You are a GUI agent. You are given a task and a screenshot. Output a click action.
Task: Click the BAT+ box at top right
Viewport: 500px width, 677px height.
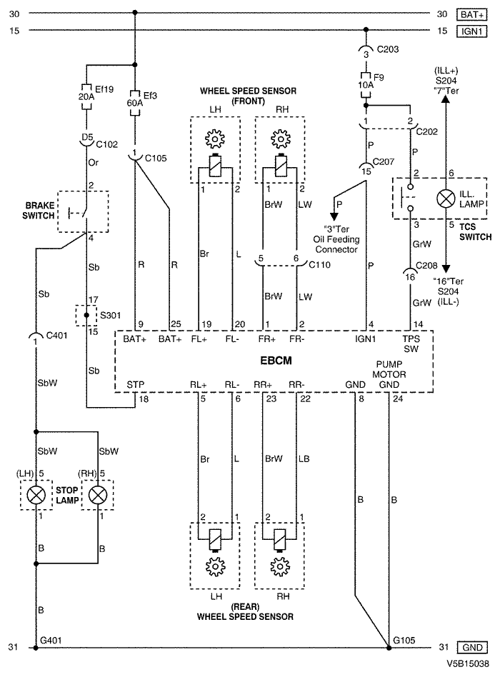471,14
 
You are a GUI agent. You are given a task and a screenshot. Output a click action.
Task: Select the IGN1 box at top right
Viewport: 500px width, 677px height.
471,31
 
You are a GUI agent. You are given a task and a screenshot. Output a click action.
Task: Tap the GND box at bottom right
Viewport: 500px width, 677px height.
471,647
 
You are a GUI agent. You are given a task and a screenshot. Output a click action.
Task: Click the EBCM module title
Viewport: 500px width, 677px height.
276,360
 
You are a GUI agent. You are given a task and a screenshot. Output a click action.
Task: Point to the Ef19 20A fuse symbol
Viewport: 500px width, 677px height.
86,96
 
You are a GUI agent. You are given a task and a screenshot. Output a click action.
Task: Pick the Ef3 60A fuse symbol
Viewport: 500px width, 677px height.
135,103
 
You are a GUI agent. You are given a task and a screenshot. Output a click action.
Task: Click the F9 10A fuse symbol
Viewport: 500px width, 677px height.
366,84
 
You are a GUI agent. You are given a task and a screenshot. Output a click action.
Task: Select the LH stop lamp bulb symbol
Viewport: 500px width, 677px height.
36,495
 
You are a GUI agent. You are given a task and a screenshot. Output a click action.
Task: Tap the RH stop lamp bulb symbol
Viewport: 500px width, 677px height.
98,495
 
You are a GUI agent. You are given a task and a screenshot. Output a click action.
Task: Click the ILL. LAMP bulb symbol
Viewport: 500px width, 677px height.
446,199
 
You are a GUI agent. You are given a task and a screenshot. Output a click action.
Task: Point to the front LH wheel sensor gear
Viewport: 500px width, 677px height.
215,139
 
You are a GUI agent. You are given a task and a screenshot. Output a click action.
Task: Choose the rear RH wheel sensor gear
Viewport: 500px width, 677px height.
280,566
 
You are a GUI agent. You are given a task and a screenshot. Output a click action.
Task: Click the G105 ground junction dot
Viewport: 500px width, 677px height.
389,648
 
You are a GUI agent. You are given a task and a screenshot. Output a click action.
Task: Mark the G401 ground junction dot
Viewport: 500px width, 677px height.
36,648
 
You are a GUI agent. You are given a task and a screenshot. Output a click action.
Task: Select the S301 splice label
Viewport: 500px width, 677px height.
110,315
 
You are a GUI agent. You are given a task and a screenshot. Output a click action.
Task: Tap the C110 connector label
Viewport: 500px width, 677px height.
319,264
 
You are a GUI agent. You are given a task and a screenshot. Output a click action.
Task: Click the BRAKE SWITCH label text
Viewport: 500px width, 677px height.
39,210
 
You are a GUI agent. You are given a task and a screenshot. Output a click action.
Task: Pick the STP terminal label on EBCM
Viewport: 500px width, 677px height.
135,384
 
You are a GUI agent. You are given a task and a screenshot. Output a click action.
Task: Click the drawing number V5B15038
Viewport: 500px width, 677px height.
468,663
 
